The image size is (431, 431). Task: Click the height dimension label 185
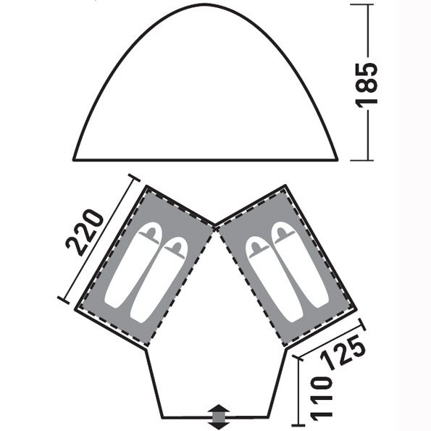(x=367, y=83)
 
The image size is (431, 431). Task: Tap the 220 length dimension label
(x=85, y=233)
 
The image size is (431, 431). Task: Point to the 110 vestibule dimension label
(x=321, y=399)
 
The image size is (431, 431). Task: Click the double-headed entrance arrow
(x=219, y=417)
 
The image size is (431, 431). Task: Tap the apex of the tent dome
(x=205, y=4)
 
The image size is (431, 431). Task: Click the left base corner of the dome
(x=74, y=159)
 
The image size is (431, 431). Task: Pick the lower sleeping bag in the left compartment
(x=159, y=280)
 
